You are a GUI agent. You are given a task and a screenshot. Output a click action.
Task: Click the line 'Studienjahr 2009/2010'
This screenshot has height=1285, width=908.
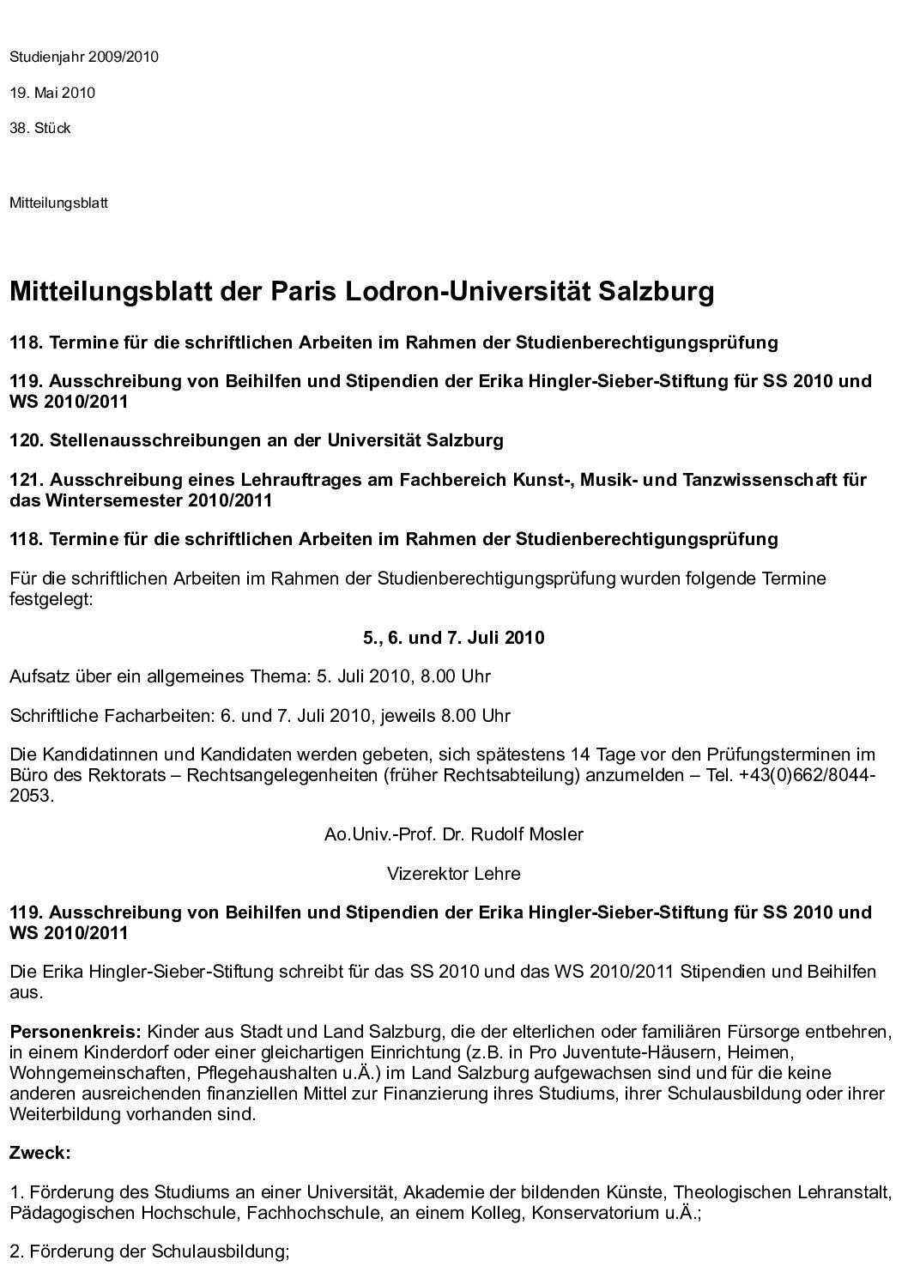coord(84,58)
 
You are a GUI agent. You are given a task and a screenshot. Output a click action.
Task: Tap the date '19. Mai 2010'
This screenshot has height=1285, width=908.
coord(52,93)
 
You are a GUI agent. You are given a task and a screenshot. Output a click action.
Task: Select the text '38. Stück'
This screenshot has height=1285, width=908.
coord(40,129)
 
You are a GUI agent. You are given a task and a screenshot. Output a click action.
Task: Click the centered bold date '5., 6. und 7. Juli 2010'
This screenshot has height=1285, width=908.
coord(453,638)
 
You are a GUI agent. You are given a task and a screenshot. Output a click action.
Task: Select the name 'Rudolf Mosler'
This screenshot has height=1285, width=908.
coord(529,834)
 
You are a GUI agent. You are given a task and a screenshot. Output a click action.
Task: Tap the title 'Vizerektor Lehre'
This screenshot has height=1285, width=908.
coord(453,874)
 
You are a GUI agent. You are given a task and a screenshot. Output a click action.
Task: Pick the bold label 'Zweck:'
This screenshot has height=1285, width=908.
coord(40,1153)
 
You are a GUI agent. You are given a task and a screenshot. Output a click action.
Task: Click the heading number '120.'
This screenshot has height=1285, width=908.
coord(27,441)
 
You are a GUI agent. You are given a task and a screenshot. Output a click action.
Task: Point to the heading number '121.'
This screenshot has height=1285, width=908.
coord(27,480)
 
